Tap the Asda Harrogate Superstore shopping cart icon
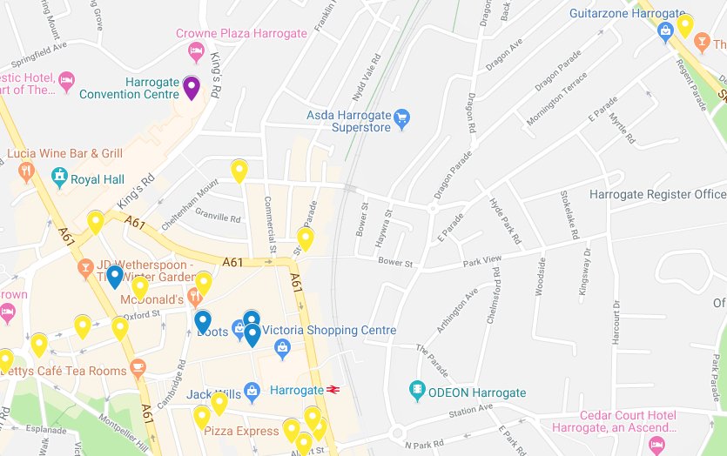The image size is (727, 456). [401, 118]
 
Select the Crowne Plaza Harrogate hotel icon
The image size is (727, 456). [197, 51]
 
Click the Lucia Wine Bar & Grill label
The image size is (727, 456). [64, 154]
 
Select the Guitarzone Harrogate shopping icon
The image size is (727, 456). [666, 33]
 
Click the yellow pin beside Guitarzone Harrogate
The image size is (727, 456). [685, 24]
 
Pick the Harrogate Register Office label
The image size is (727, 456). [657, 194]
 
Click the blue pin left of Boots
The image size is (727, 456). [203, 321]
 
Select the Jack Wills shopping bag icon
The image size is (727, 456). [252, 392]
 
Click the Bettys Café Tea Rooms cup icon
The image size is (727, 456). [138, 367]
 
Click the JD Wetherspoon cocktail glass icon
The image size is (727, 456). [85, 267]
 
